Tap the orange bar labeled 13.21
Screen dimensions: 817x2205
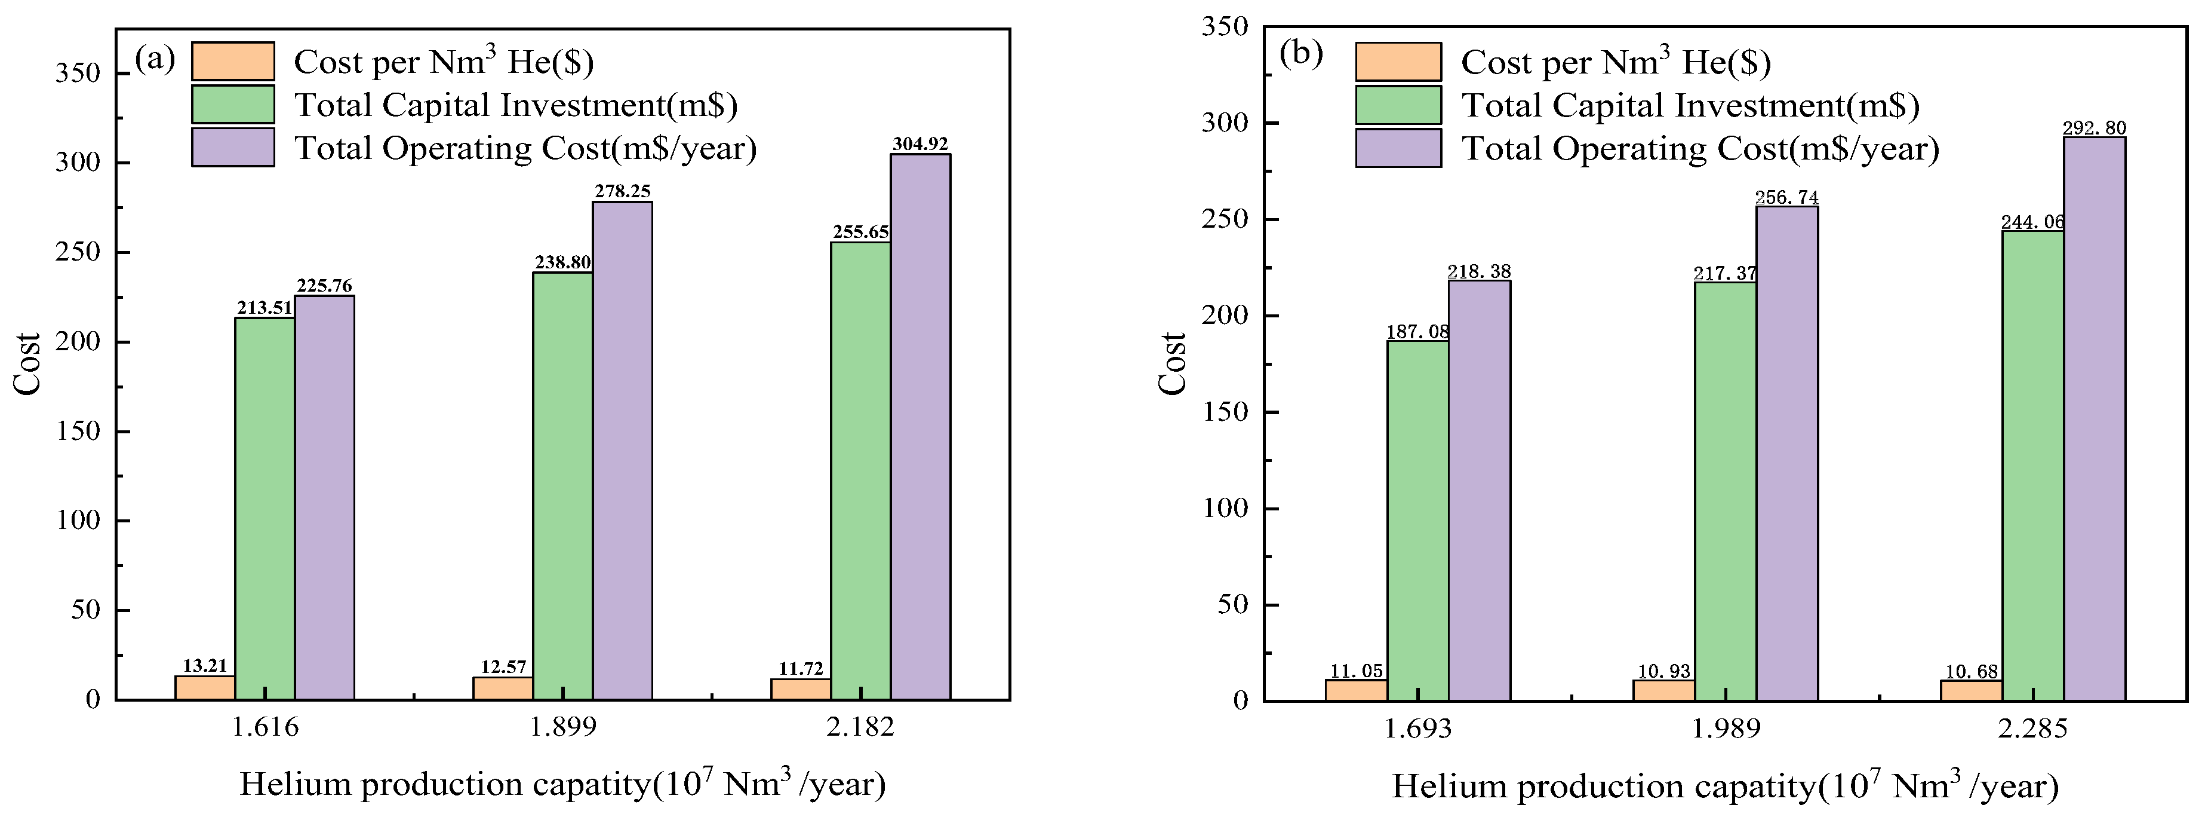(x=205, y=688)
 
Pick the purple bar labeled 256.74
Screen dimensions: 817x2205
(x=1786, y=453)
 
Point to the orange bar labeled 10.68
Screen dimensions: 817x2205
(x=1972, y=690)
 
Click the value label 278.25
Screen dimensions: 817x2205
(x=622, y=191)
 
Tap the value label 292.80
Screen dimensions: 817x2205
(x=2094, y=128)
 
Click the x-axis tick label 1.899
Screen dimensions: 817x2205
(x=562, y=727)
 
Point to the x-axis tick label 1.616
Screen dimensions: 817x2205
(x=265, y=727)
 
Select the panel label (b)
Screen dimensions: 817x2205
(x=1300, y=54)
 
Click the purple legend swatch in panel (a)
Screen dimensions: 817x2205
(x=233, y=147)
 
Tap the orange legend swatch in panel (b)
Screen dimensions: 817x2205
(x=1398, y=62)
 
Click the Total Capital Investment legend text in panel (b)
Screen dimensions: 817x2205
(x=1690, y=105)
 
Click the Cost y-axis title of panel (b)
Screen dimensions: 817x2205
(x=1172, y=364)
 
